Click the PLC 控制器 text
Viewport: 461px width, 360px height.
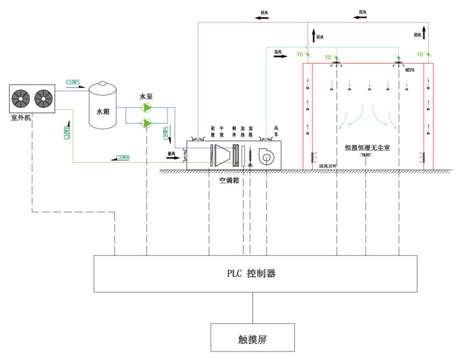pyautogui.click(x=251, y=273)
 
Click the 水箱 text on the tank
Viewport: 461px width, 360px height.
pyautogui.click(x=103, y=111)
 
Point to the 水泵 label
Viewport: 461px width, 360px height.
pyautogui.click(x=146, y=96)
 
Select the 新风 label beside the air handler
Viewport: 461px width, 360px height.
pyautogui.click(x=172, y=154)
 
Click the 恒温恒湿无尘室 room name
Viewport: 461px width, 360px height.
pyautogui.click(x=367, y=147)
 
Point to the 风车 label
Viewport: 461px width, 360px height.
pyautogui.click(x=269, y=131)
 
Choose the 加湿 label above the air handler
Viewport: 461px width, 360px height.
pyautogui.click(x=250, y=131)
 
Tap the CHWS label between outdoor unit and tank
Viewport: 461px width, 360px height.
pyautogui.click(x=73, y=82)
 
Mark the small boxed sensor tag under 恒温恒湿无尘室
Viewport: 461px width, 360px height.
pyautogui.click(x=365, y=155)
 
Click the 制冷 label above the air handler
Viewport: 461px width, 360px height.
pyautogui.click(x=235, y=131)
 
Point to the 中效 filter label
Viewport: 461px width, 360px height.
pyautogui.click(x=221, y=131)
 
